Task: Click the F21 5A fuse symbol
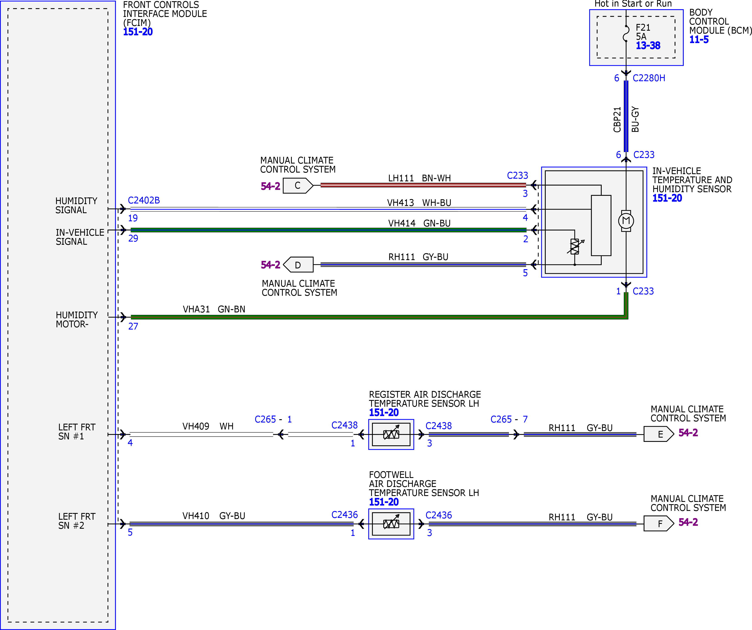click(x=626, y=33)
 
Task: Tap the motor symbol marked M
click(x=626, y=221)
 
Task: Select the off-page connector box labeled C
click(x=298, y=185)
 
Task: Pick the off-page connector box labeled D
click(x=298, y=265)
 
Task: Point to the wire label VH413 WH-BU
click(x=419, y=203)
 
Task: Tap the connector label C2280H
click(x=649, y=78)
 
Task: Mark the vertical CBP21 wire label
click(x=617, y=120)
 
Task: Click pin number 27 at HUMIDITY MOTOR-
click(x=133, y=326)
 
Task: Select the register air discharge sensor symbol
click(x=391, y=434)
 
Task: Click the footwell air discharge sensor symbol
click(x=391, y=524)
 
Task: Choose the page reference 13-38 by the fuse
click(x=648, y=46)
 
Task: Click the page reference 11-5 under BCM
click(x=699, y=39)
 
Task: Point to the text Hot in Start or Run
click(x=633, y=4)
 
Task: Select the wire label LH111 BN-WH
click(x=419, y=178)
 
